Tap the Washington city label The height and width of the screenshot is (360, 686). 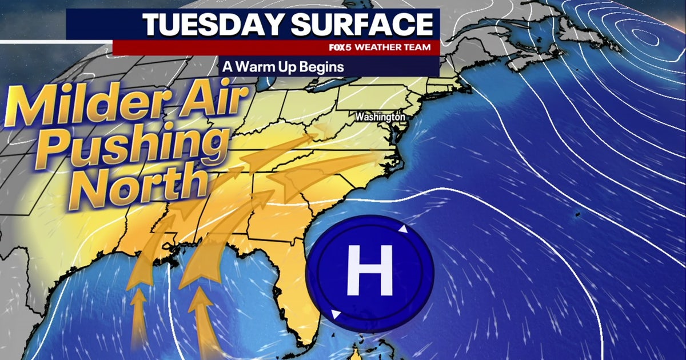(x=380, y=117)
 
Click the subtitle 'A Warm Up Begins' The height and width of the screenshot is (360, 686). (x=283, y=67)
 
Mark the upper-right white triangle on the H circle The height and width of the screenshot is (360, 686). (x=404, y=230)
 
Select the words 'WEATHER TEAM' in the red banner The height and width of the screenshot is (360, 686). (x=392, y=47)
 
